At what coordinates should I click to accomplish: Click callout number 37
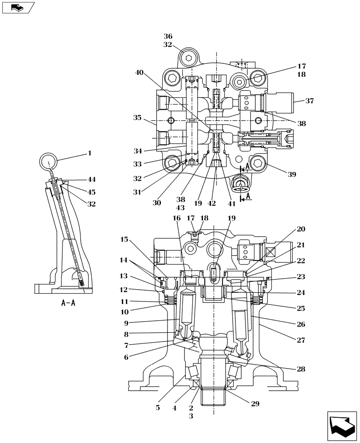pyautogui.click(x=309, y=101)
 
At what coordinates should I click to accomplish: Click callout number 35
pyautogui.click(x=137, y=118)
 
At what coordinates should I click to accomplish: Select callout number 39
pyautogui.click(x=291, y=175)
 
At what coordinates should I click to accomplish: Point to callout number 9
pyautogui.click(x=126, y=323)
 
